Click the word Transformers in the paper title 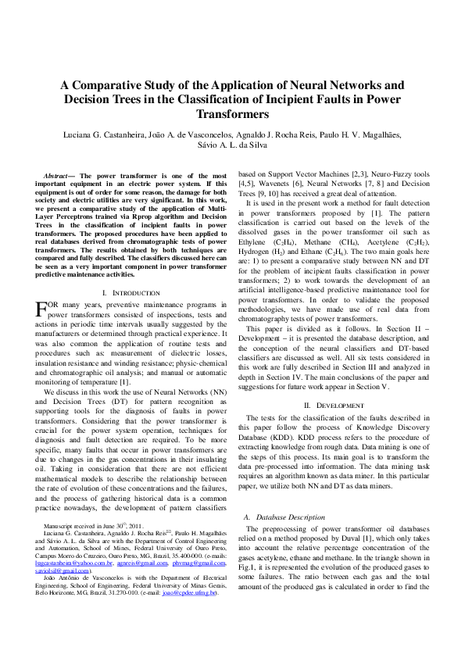(x=232, y=114)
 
